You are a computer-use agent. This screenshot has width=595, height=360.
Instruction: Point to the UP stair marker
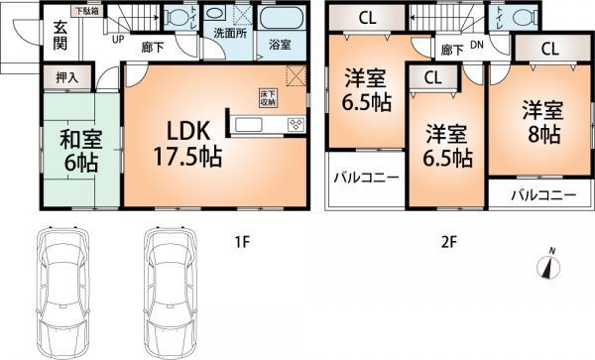(x=118, y=41)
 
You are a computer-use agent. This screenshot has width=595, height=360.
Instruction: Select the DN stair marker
(x=476, y=45)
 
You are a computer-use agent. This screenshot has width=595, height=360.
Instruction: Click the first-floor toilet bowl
(x=178, y=18)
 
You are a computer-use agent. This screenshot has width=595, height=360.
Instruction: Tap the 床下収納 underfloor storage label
(x=268, y=97)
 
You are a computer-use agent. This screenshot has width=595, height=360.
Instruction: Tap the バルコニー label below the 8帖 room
(x=542, y=195)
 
